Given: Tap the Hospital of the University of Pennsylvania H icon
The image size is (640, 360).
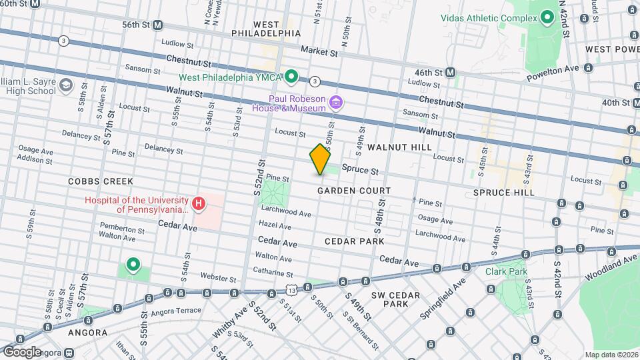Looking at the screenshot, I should pyautogui.click(x=197, y=204).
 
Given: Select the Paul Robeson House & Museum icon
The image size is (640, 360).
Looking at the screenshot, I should pyautogui.click(x=337, y=102).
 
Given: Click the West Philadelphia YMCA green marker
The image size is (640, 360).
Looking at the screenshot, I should pyautogui.click(x=291, y=77).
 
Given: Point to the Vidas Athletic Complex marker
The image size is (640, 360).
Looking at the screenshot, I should pyautogui.click(x=547, y=17).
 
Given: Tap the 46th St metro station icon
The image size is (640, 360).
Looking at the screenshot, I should pyautogui.click(x=451, y=72).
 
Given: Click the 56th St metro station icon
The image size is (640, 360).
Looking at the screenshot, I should pyautogui.click(x=158, y=25).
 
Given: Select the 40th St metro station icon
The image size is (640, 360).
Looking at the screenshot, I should pyautogui.click(x=626, y=103).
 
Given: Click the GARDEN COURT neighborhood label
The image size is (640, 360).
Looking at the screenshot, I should pyautogui.click(x=353, y=191).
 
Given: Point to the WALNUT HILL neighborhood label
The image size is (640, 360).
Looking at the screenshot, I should pyautogui.click(x=399, y=147).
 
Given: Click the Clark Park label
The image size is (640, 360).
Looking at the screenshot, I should pyautogui.click(x=507, y=271).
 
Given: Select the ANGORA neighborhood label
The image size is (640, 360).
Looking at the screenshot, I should pyautogui.click(x=87, y=332).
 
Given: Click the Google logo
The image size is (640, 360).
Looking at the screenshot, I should pyautogui.click(x=22, y=351).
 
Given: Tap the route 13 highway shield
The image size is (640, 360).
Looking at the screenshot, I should pyautogui.click(x=291, y=289).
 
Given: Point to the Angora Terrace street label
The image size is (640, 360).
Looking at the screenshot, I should pyautogui.click(x=175, y=311).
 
